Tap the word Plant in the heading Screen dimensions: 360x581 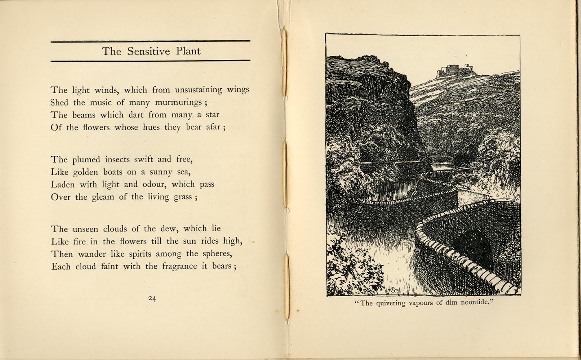pos(188,51)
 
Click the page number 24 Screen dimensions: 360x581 pos(152,298)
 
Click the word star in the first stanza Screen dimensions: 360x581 pos(212,115)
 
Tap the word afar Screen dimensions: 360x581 pos(213,127)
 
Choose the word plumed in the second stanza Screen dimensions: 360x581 pos(87,159)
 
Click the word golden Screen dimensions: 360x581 pos(86,172)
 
